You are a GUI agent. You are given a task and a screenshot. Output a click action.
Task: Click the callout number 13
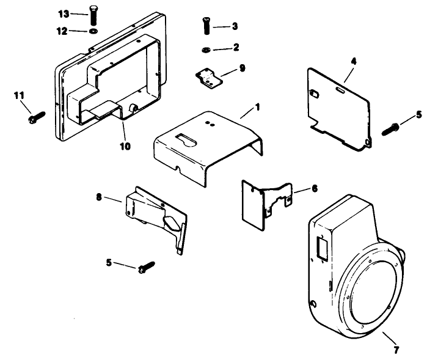pyautogui.click(x=64, y=13)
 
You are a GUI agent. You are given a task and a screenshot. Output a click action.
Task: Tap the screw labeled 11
pyautogui.click(x=37, y=116)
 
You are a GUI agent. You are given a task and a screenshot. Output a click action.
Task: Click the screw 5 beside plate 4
pyautogui.click(x=390, y=128)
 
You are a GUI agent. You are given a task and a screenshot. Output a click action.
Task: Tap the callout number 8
pyautogui.click(x=99, y=197)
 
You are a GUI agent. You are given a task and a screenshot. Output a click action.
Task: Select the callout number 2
pyautogui.click(x=236, y=46)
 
